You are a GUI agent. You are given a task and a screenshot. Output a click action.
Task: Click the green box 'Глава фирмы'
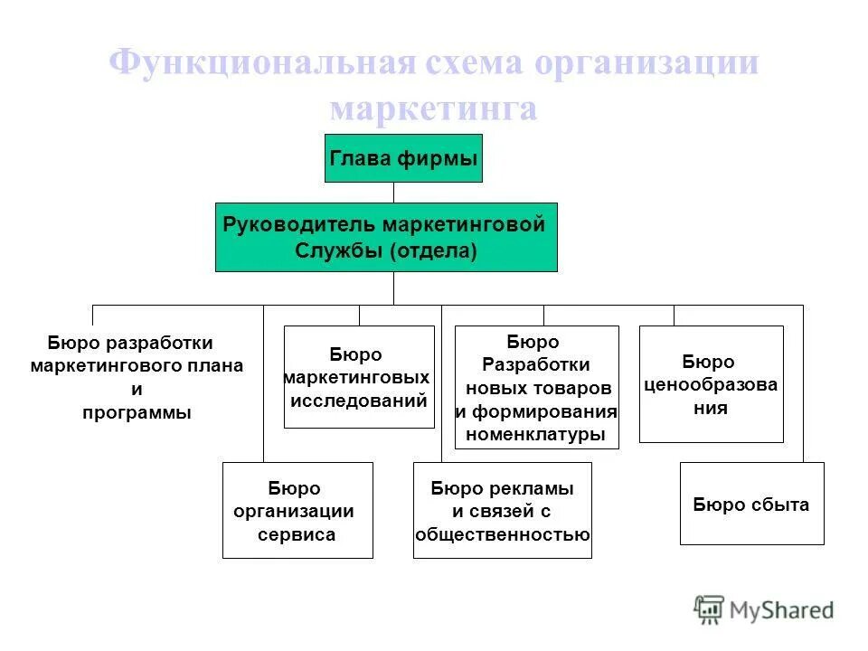pos(403,158)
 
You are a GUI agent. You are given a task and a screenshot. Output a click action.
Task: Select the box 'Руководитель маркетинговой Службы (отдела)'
pos(386,237)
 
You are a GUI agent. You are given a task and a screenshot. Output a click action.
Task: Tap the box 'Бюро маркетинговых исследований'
pos(359,376)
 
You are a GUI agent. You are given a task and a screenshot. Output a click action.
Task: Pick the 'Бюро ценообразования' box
pos(711,384)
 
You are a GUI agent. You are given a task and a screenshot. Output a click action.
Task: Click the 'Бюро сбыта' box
pos(751,504)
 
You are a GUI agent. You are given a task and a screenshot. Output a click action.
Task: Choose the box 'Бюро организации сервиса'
pos(297,510)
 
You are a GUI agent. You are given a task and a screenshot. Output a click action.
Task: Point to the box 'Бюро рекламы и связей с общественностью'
pos(502,510)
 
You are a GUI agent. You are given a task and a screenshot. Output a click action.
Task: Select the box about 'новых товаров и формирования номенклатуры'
pos(536,387)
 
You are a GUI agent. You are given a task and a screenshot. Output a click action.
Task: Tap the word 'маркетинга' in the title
pos(433,109)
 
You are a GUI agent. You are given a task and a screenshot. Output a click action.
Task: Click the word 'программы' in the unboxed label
pos(137,413)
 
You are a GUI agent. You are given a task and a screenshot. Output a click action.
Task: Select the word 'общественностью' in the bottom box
pos(503,533)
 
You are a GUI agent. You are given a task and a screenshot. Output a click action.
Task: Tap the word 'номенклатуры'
pos(535,434)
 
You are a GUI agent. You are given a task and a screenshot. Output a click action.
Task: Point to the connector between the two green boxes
pos(393,193)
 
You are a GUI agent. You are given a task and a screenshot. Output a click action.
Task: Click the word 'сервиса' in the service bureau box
pos(296,533)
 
